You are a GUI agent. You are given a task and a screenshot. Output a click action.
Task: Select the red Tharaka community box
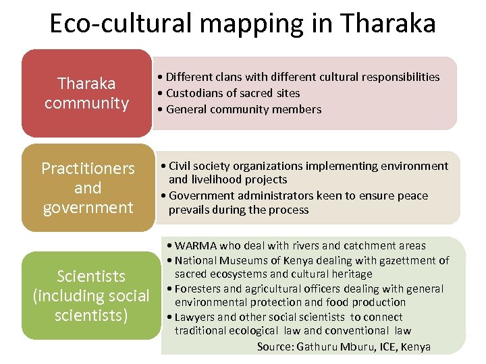[86, 93]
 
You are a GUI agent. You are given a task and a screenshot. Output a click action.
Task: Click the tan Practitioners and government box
[88, 187]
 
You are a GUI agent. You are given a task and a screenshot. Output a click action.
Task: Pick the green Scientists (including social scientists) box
[90, 295]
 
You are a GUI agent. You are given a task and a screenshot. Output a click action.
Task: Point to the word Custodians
[191, 93]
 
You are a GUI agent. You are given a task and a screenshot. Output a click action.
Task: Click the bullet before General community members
[160, 109]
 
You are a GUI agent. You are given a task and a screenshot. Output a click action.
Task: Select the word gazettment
[400, 260]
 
